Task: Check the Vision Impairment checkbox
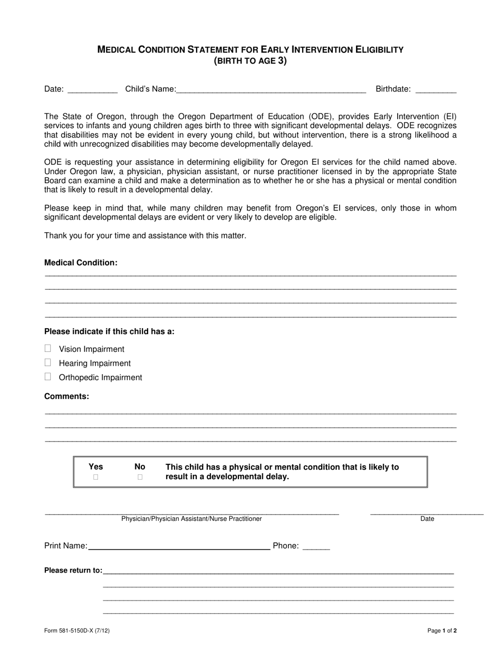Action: coord(48,348)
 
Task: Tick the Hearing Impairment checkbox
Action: coord(48,362)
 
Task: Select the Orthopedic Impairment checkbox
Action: coord(48,377)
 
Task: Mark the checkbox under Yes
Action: coord(96,477)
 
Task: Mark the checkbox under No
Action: coord(140,477)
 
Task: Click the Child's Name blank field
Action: coord(271,89)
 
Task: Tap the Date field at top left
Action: coord(93,89)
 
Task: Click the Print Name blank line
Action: coord(179,546)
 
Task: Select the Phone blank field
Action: coord(316,546)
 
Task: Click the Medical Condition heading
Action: coord(81,263)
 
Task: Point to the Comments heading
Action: coord(66,396)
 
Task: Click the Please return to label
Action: coord(73,570)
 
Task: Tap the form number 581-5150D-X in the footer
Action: coord(77,631)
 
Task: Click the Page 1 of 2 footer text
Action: coord(442,631)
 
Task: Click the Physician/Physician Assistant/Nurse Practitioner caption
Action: coord(191,519)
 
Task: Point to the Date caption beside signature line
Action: coord(427,519)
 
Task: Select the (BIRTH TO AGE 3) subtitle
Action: coord(250,61)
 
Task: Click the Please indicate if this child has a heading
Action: coord(109,332)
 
